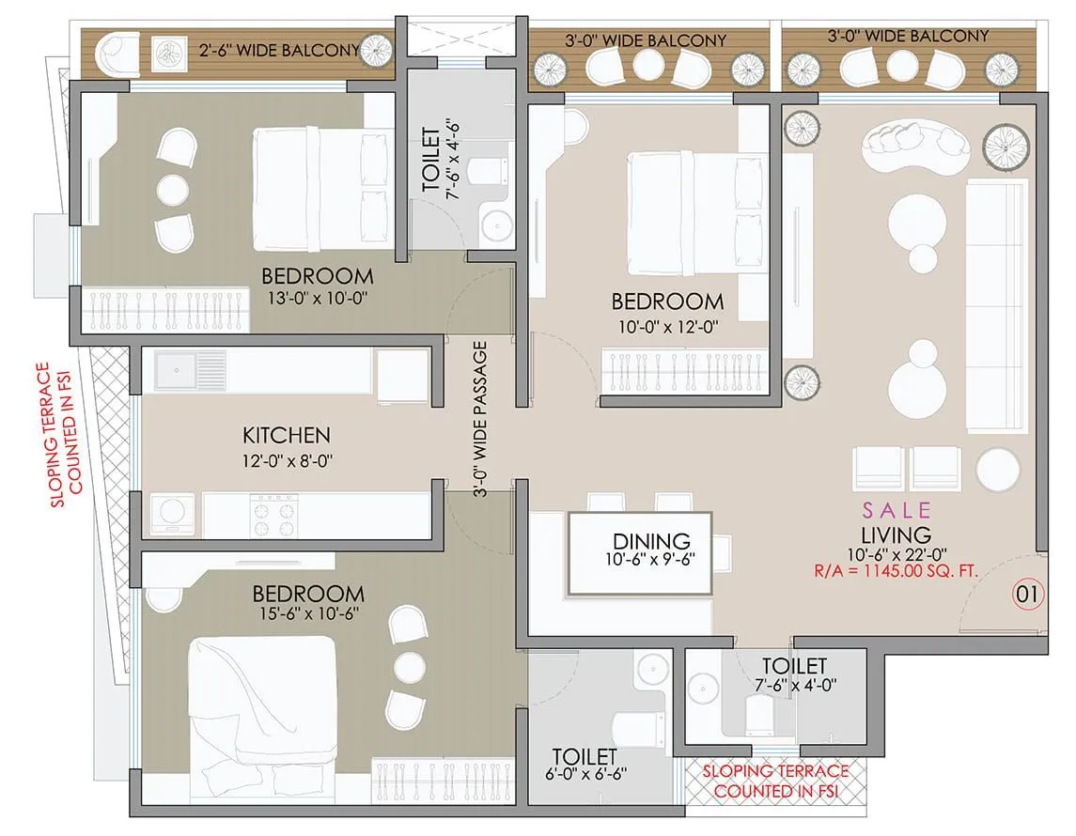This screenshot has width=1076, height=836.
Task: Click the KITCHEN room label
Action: pos(287,435)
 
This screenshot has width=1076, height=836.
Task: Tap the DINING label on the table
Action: pos(651,541)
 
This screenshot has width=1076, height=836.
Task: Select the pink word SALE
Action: pos(897,510)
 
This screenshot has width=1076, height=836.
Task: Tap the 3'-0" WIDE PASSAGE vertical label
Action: pos(480,420)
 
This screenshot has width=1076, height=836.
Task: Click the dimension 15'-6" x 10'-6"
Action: pos(307,613)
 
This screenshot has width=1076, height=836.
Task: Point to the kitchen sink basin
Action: pos(177,369)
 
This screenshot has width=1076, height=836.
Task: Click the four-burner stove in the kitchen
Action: pos(272,515)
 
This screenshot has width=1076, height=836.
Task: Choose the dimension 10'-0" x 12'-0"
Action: pos(667,326)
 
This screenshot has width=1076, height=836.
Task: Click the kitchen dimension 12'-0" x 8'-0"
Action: pos(287,460)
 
